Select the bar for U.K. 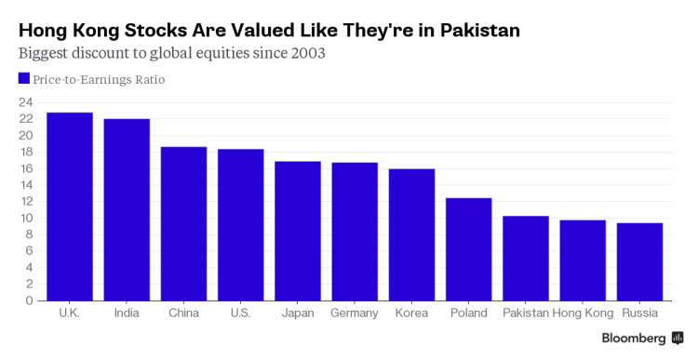70,207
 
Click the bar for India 127,209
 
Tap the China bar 183,224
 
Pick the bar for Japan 298,231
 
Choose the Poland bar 468,249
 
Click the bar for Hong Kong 583,260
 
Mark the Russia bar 639,261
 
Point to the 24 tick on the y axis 26,103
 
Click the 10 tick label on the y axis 26,218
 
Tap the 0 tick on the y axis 30,300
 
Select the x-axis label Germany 355,313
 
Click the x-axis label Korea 411,313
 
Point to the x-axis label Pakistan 525,313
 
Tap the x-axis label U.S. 240,313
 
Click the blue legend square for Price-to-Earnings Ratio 24,78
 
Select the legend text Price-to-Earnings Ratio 99,80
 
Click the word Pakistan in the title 480,31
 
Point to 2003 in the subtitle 308,53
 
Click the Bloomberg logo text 634,339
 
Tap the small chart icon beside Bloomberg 678,338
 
